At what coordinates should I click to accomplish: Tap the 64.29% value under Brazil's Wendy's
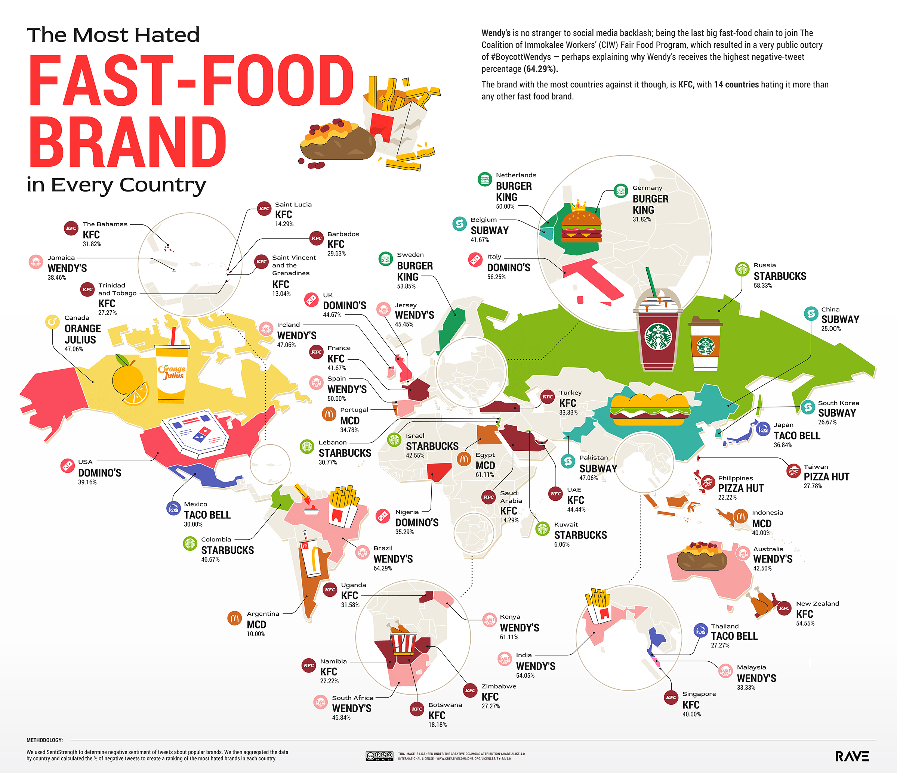coord(383,568)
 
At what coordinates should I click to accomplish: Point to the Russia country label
coord(765,265)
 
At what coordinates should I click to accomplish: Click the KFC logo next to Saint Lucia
coord(264,208)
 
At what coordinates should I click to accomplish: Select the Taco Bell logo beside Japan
coord(763,429)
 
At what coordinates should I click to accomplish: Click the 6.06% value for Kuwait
coord(561,544)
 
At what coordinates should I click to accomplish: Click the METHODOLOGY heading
coord(44,740)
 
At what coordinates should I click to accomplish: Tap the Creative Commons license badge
coord(379,756)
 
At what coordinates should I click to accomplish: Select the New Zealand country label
coord(817,603)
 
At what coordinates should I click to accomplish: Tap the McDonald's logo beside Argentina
coord(235,618)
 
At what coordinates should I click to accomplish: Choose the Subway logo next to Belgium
coord(459,224)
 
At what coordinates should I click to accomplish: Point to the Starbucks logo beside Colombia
coord(189,543)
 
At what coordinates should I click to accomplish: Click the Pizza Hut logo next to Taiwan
coord(793,471)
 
